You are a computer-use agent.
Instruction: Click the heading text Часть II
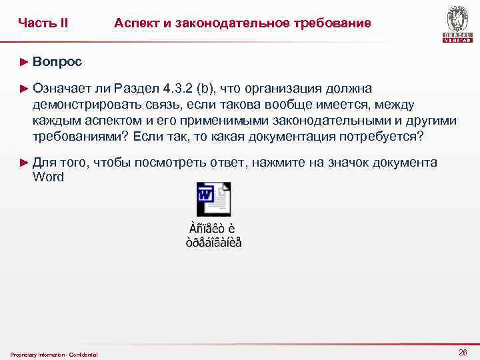[x=43, y=23]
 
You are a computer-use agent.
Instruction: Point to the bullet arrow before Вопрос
[x=25, y=62]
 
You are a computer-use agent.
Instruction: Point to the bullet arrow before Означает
[x=25, y=89]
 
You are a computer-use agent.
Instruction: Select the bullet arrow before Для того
[x=25, y=163]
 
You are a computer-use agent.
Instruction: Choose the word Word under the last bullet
[x=48, y=177]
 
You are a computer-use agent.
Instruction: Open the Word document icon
[x=213, y=199]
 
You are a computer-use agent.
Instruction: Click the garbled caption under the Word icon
[x=213, y=235]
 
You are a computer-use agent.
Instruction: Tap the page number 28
[x=463, y=351]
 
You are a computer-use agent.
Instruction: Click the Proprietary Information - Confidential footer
[x=54, y=354]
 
